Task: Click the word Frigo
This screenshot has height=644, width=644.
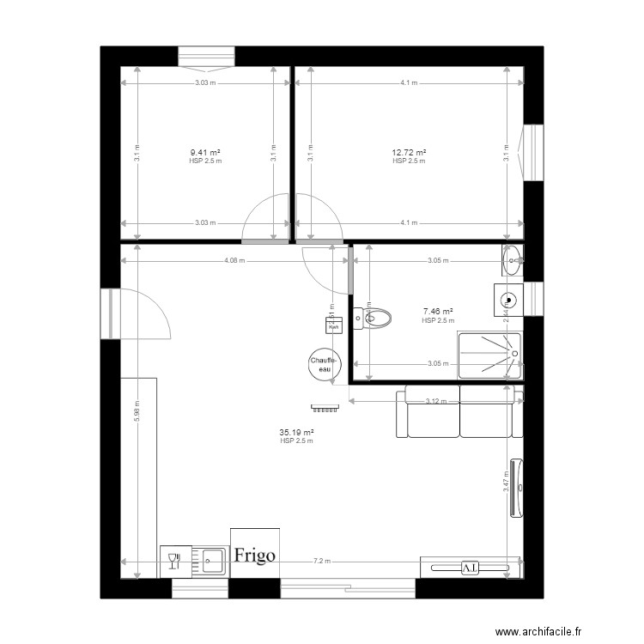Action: point(255,555)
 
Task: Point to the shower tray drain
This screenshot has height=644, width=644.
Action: point(514,353)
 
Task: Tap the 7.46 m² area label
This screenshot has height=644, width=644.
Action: point(437,313)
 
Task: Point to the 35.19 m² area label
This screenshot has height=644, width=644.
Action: point(296,433)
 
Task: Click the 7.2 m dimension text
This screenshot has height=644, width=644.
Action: point(321,561)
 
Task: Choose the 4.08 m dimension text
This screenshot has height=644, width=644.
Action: point(234,261)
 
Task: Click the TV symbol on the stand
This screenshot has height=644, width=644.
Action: point(469,568)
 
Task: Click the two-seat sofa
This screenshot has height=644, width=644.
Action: point(459,412)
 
